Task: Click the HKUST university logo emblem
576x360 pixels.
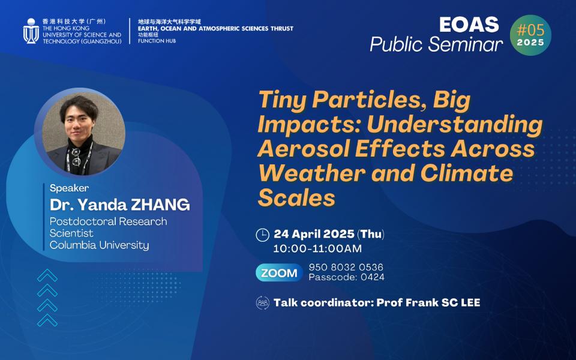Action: (x=31, y=31)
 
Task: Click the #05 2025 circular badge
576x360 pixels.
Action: (x=530, y=35)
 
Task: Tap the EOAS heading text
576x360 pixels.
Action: (x=469, y=24)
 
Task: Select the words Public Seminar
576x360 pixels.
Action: (x=436, y=44)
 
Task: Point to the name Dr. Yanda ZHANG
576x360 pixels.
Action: (x=119, y=205)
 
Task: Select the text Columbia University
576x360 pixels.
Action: (x=99, y=245)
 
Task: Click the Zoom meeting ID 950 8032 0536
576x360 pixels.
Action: (x=346, y=267)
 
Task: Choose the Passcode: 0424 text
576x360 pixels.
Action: (x=346, y=277)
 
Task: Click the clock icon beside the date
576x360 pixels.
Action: (x=262, y=235)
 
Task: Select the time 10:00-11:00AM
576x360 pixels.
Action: (x=317, y=248)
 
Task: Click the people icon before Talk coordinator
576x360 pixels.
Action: (x=262, y=302)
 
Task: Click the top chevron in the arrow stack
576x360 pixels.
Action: (x=47, y=276)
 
